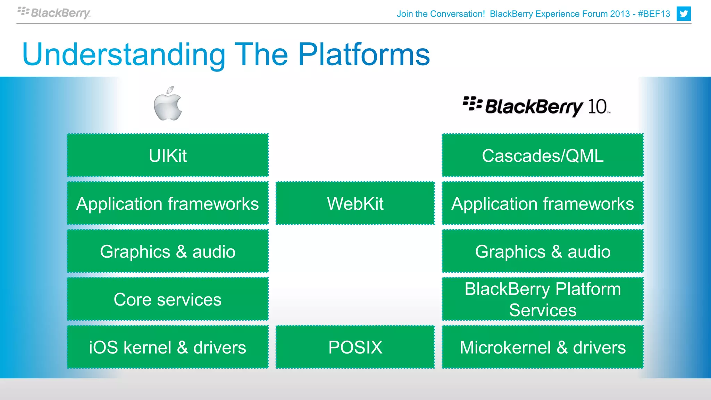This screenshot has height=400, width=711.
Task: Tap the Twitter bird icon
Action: coord(683,14)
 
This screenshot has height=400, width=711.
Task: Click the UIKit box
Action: coord(168,155)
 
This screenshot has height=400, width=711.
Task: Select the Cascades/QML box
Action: coord(543,155)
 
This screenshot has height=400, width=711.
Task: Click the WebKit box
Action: coord(355,203)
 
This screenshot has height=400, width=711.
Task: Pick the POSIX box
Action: coord(355,347)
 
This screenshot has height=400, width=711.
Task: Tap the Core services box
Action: coord(168,299)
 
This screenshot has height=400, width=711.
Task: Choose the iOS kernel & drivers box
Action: coord(168,347)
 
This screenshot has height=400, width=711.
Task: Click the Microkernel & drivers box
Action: coord(543,347)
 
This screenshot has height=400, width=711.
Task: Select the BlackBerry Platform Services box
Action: coord(543,299)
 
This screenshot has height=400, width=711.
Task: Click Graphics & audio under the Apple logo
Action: coord(168,251)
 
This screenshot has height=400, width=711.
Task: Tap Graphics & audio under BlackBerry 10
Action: coord(543,251)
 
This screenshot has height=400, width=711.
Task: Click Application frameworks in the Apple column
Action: coord(168,203)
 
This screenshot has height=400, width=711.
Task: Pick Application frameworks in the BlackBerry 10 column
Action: coord(543,203)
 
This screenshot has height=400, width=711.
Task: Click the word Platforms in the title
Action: coord(364,55)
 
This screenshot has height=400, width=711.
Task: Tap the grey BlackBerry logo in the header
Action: coord(54,13)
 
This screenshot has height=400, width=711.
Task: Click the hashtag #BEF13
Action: coord(654,14)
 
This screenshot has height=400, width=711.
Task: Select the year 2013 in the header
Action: coord(620,14)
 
